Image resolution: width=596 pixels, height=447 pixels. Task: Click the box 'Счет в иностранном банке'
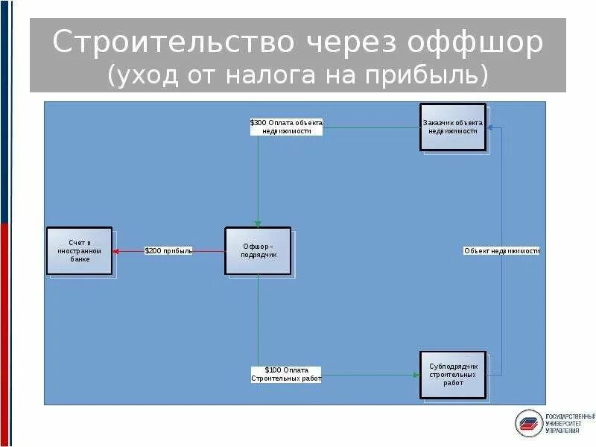tap(79, 251)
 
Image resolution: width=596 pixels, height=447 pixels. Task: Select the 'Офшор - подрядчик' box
tap(258, 251)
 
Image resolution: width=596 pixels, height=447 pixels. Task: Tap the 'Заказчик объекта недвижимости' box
tap(452, 127)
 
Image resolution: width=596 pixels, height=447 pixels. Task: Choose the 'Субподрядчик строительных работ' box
tap(452, 374)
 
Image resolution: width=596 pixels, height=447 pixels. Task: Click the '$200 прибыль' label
tap(168, 251)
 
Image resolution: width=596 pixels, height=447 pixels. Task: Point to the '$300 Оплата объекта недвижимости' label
tap(286, 127)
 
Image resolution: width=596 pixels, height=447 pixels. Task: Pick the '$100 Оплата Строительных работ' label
tap(286, 374)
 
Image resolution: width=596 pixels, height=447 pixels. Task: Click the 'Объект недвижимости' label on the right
tap(501, 251)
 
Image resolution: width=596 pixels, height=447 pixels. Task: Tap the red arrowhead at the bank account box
tap(116, 251)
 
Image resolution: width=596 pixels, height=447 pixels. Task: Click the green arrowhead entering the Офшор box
tap(258, 223)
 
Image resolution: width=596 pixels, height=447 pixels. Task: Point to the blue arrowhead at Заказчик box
tap(490, 127)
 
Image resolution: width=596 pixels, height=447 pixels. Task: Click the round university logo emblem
tap(529, 423)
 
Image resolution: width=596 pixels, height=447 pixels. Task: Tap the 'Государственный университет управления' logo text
tap(570, 423)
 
